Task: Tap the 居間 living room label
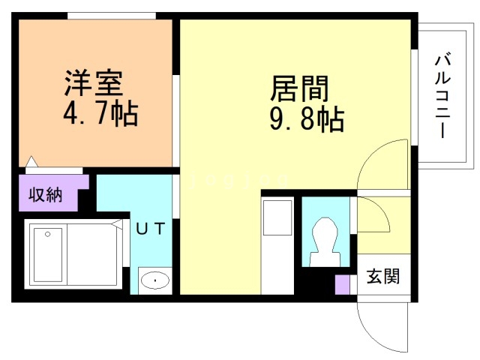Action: (x=298, y=88)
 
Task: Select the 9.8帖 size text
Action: (x=306, y=119)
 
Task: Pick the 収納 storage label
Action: (x=45, y=195)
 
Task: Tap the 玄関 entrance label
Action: (x=382, y=277)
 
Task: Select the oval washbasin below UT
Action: (x=155, y=282)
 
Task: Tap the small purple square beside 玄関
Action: (x=342, y=285)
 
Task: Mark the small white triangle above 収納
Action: (x=31, y=161)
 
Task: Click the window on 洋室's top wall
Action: (x=111, y=16)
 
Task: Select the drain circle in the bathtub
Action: (x=46, y=234)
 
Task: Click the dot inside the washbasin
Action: (x=155, y=282)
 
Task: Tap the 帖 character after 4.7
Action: (x=126, y=115)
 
